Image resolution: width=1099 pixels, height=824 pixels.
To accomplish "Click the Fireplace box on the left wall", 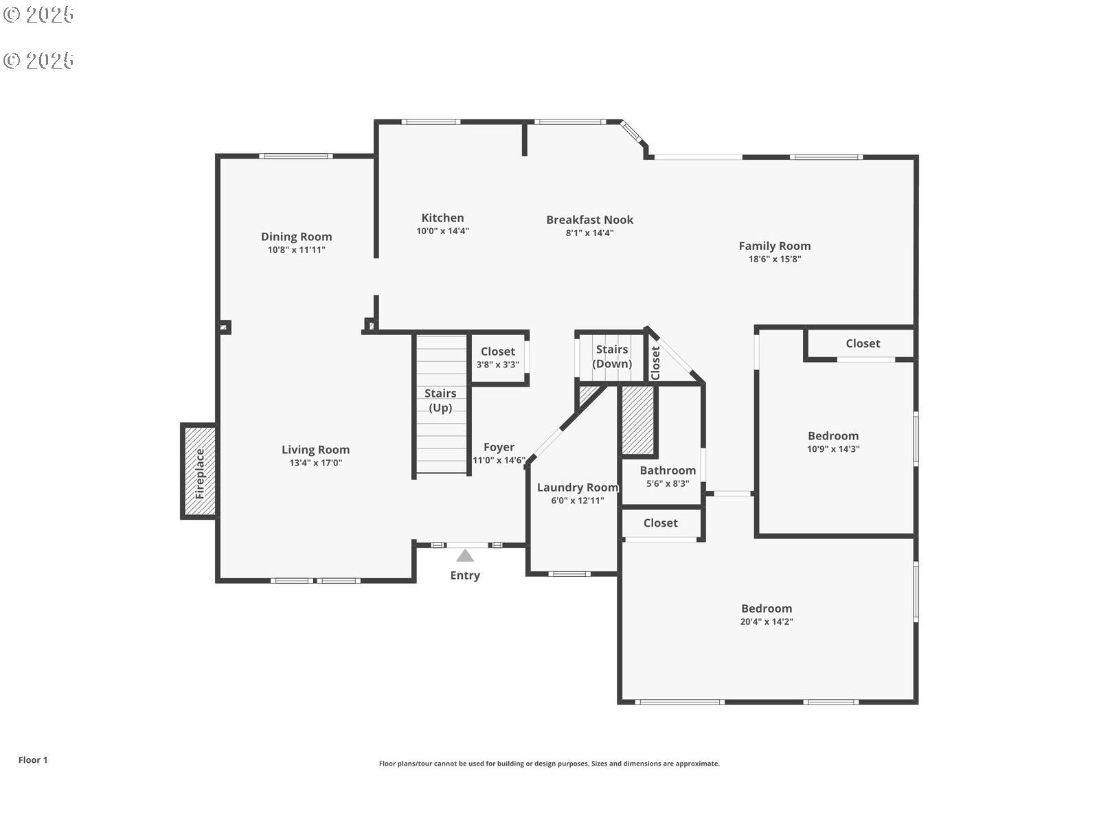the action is coord(199,471).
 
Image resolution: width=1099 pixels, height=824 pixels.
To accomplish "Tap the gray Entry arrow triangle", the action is coord(465,556).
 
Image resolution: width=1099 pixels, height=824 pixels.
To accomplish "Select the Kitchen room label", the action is coord(442,218).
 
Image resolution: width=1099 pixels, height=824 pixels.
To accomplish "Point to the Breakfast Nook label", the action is coord(590,220).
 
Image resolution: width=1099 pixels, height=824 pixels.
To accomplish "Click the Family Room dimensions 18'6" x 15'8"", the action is coord(775,259).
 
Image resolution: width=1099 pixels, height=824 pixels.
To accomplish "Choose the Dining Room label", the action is coord(297,237).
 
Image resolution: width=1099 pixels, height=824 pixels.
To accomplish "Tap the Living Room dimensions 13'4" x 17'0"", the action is coord(315,463).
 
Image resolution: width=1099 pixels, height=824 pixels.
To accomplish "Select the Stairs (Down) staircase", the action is coord(611,357).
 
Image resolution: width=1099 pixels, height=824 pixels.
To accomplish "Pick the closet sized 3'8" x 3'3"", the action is coord(498,358).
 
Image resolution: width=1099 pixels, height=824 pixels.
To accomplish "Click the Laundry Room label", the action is coord(578,488).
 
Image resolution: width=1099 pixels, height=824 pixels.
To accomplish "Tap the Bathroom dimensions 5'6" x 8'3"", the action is coord(668,484).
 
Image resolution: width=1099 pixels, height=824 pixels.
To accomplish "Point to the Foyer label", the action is coord(499,447).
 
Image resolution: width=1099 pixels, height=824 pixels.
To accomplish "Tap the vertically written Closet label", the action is coord(655,363).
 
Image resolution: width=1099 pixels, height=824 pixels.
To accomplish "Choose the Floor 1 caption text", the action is coord(33,760).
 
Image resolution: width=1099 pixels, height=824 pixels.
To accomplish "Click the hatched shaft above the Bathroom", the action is coord(638,420).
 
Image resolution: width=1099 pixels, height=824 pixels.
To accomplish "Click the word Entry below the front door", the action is coord(465,575).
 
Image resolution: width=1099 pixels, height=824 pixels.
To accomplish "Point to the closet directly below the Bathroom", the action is coord(661,523).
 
